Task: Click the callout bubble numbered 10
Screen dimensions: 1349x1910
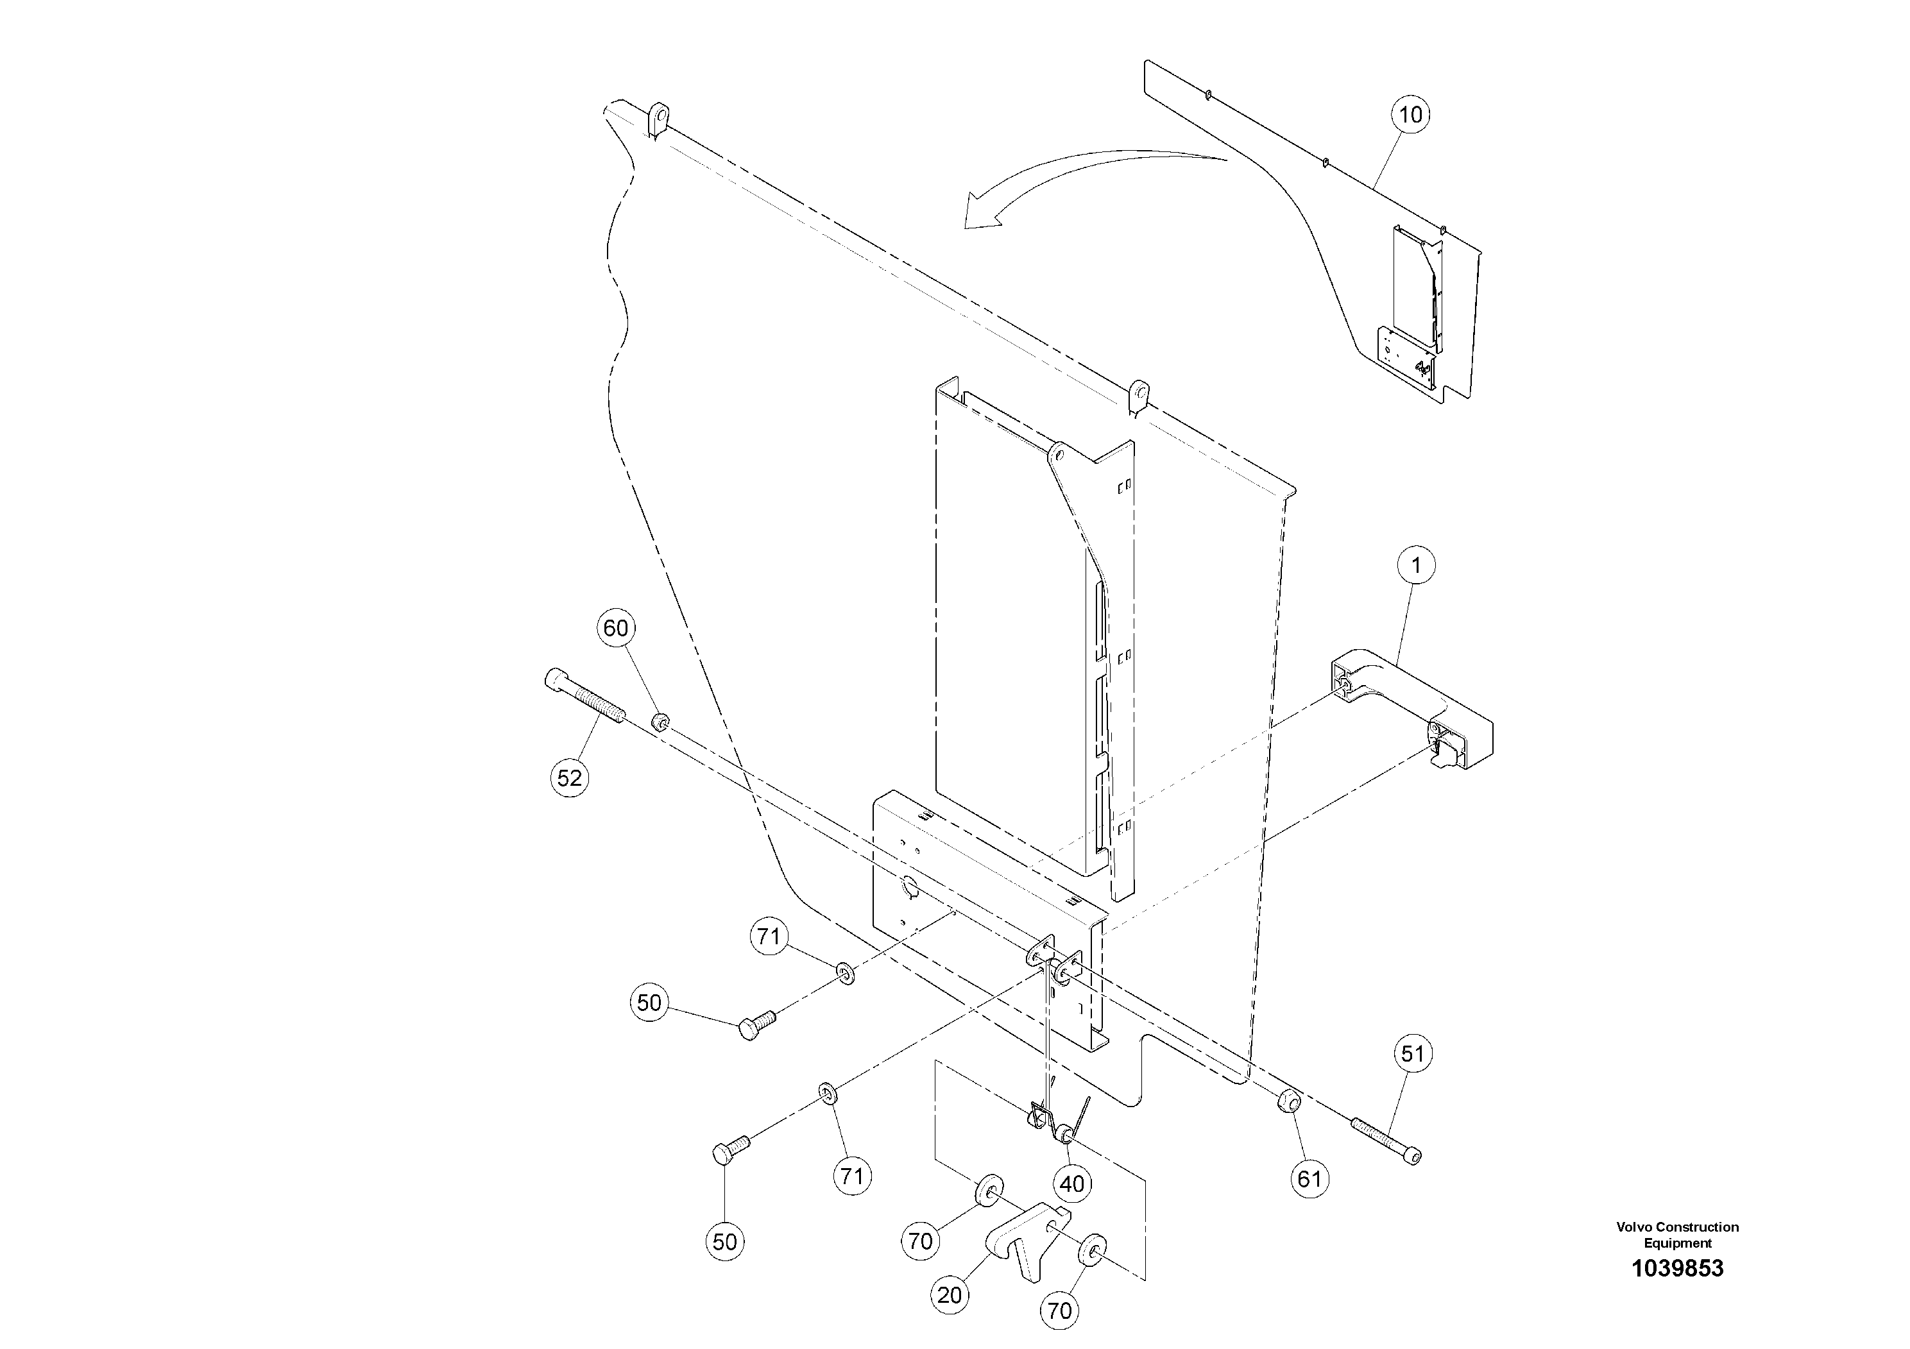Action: point(1411,114)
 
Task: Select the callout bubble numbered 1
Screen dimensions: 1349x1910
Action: point(1416,566)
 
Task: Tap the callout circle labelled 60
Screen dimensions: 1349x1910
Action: point(615,628)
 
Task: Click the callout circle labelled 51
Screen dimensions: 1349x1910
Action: point(1413,1054)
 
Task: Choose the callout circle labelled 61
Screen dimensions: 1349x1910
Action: point(1309,1178)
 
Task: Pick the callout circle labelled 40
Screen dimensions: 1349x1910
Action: point(1072,1183)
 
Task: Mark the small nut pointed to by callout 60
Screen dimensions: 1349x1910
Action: point(661,721)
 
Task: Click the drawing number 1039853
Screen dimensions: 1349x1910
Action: point(1677,1268)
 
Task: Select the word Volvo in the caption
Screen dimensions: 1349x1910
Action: point(1633,1226)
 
